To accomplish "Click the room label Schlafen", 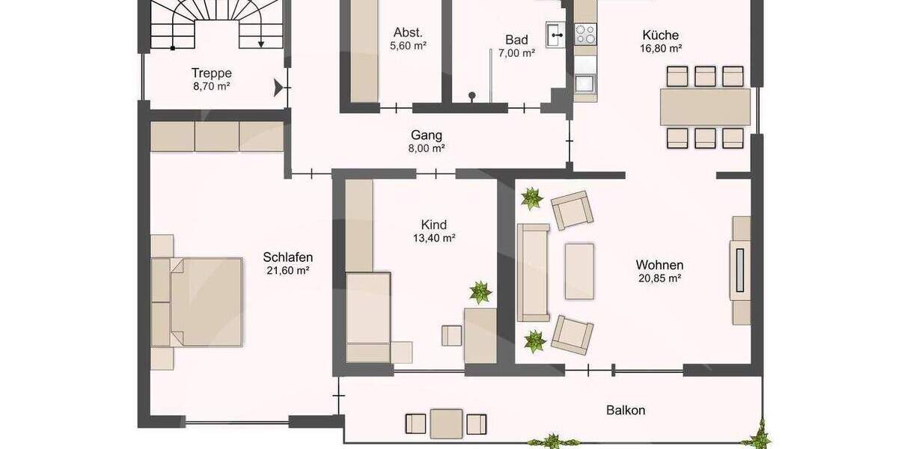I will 287,257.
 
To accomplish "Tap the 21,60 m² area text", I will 288,270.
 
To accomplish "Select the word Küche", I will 660,34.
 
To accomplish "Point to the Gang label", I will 427,135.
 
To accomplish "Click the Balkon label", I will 626,410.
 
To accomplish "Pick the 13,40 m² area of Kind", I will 434,238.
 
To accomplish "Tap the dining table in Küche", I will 705,107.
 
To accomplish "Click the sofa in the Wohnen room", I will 534,272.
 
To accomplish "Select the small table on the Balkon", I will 445,423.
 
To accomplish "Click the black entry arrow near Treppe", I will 281,89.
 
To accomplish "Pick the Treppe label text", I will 211,73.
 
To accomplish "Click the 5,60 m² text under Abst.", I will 408,46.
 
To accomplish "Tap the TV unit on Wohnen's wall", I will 741,270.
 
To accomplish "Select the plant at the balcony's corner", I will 761,435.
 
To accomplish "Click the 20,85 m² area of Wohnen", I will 659,278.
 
